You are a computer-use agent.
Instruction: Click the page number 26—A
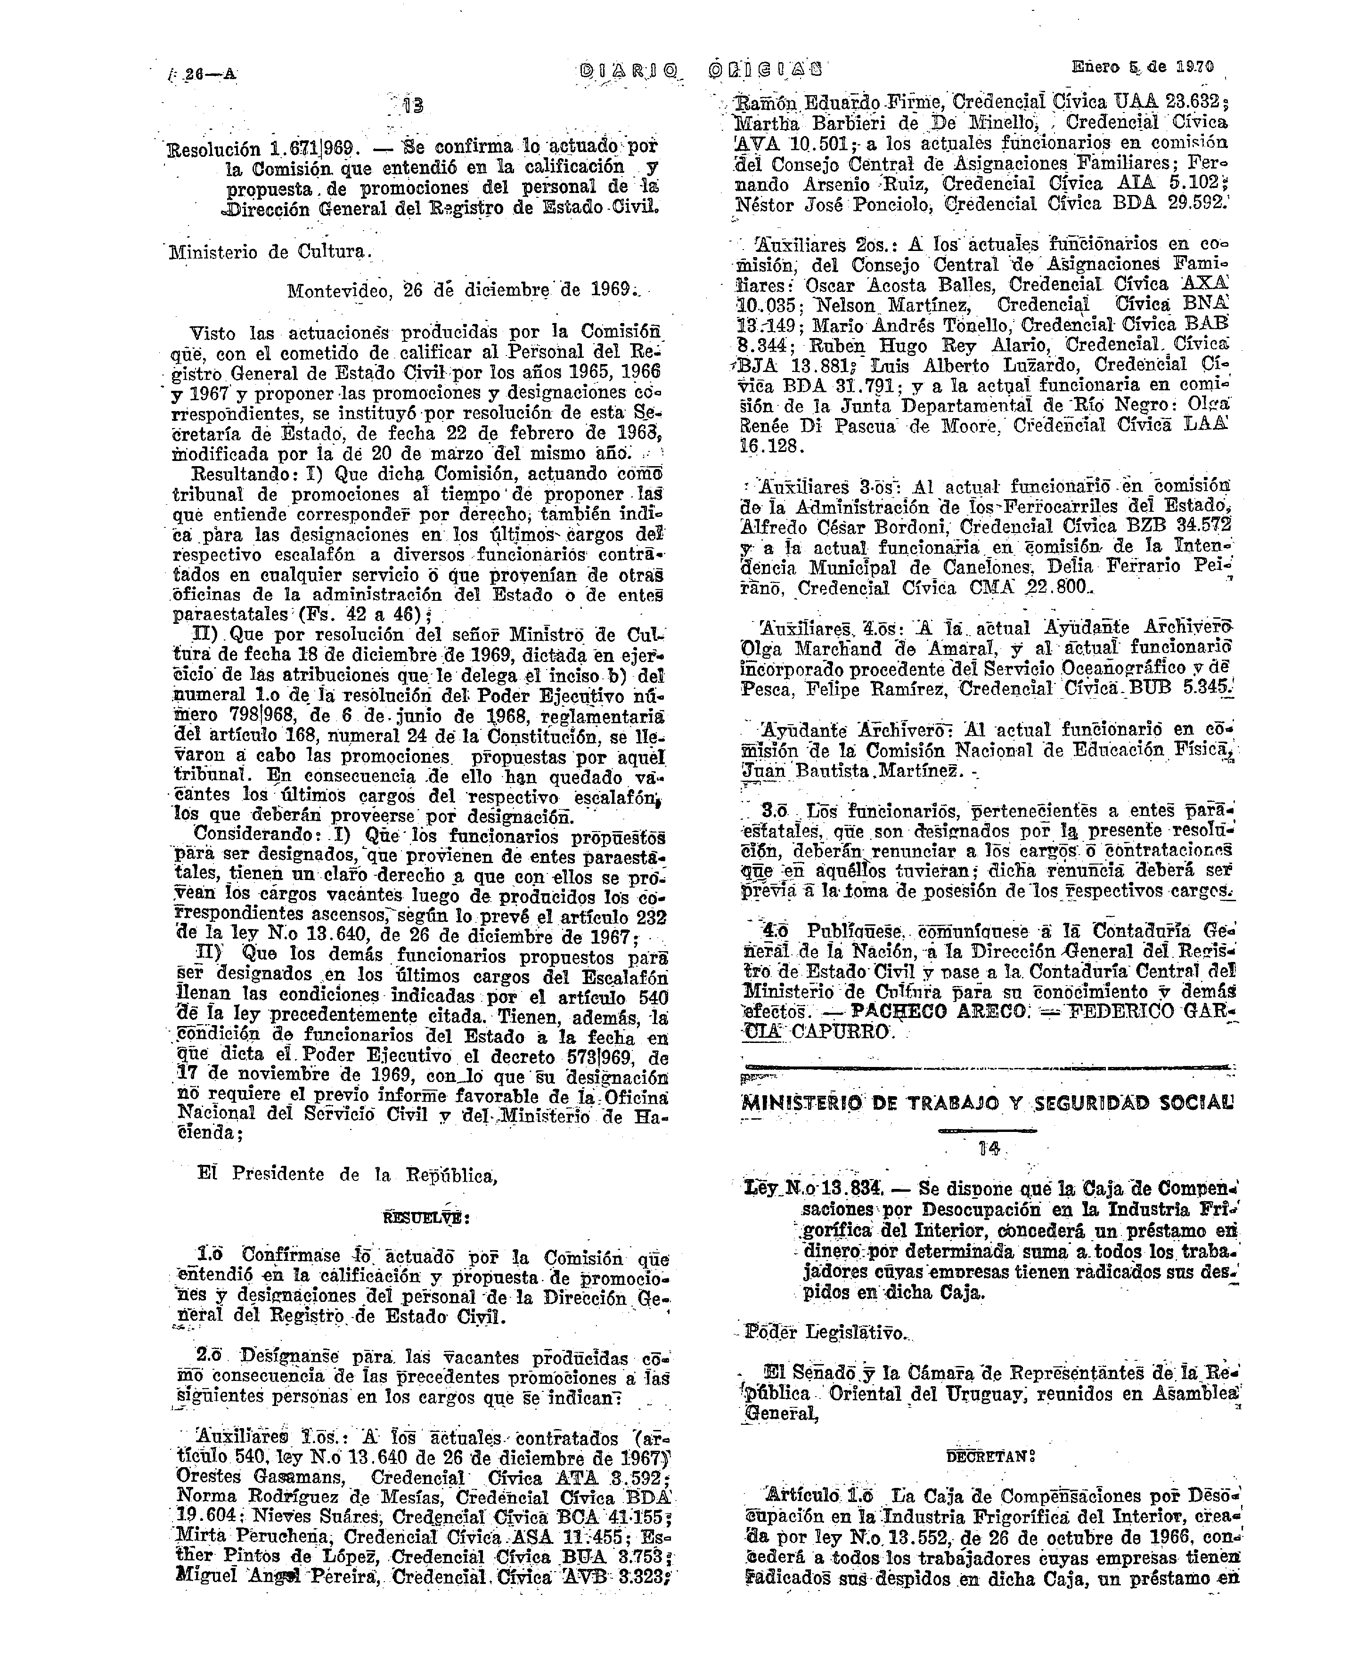(x=205, y=75)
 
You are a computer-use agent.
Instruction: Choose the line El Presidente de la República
(x=348, y=1174)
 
